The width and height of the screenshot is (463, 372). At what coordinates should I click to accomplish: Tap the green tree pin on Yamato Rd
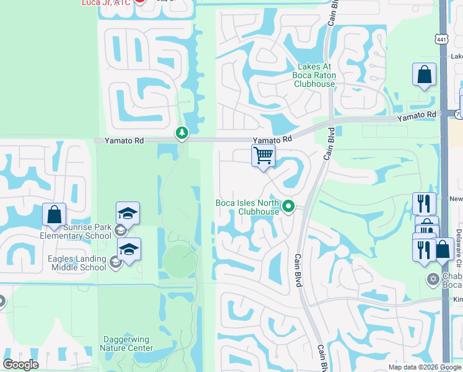pos(181,133)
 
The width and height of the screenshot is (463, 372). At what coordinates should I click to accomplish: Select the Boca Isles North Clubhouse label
pos(247,207)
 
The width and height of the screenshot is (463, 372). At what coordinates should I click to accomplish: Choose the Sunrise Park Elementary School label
pos(77,231)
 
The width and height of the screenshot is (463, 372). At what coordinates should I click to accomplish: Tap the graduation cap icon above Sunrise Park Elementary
pos(128,213)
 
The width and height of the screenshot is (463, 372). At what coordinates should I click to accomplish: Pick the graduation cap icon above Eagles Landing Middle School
pos(129,249)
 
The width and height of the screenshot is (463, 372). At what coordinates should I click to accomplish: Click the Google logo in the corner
pos(20,364)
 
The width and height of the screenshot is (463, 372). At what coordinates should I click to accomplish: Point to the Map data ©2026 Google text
pos(425,367)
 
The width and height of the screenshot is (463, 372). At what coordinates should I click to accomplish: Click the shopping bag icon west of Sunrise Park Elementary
pos(54,215)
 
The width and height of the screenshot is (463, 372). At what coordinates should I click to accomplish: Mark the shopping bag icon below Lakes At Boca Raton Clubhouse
pos(425,74)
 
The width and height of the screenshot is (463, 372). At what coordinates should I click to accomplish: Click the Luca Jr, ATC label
pos(106,2)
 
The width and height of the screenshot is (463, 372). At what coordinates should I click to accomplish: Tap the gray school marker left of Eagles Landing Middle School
pos(115,263)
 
